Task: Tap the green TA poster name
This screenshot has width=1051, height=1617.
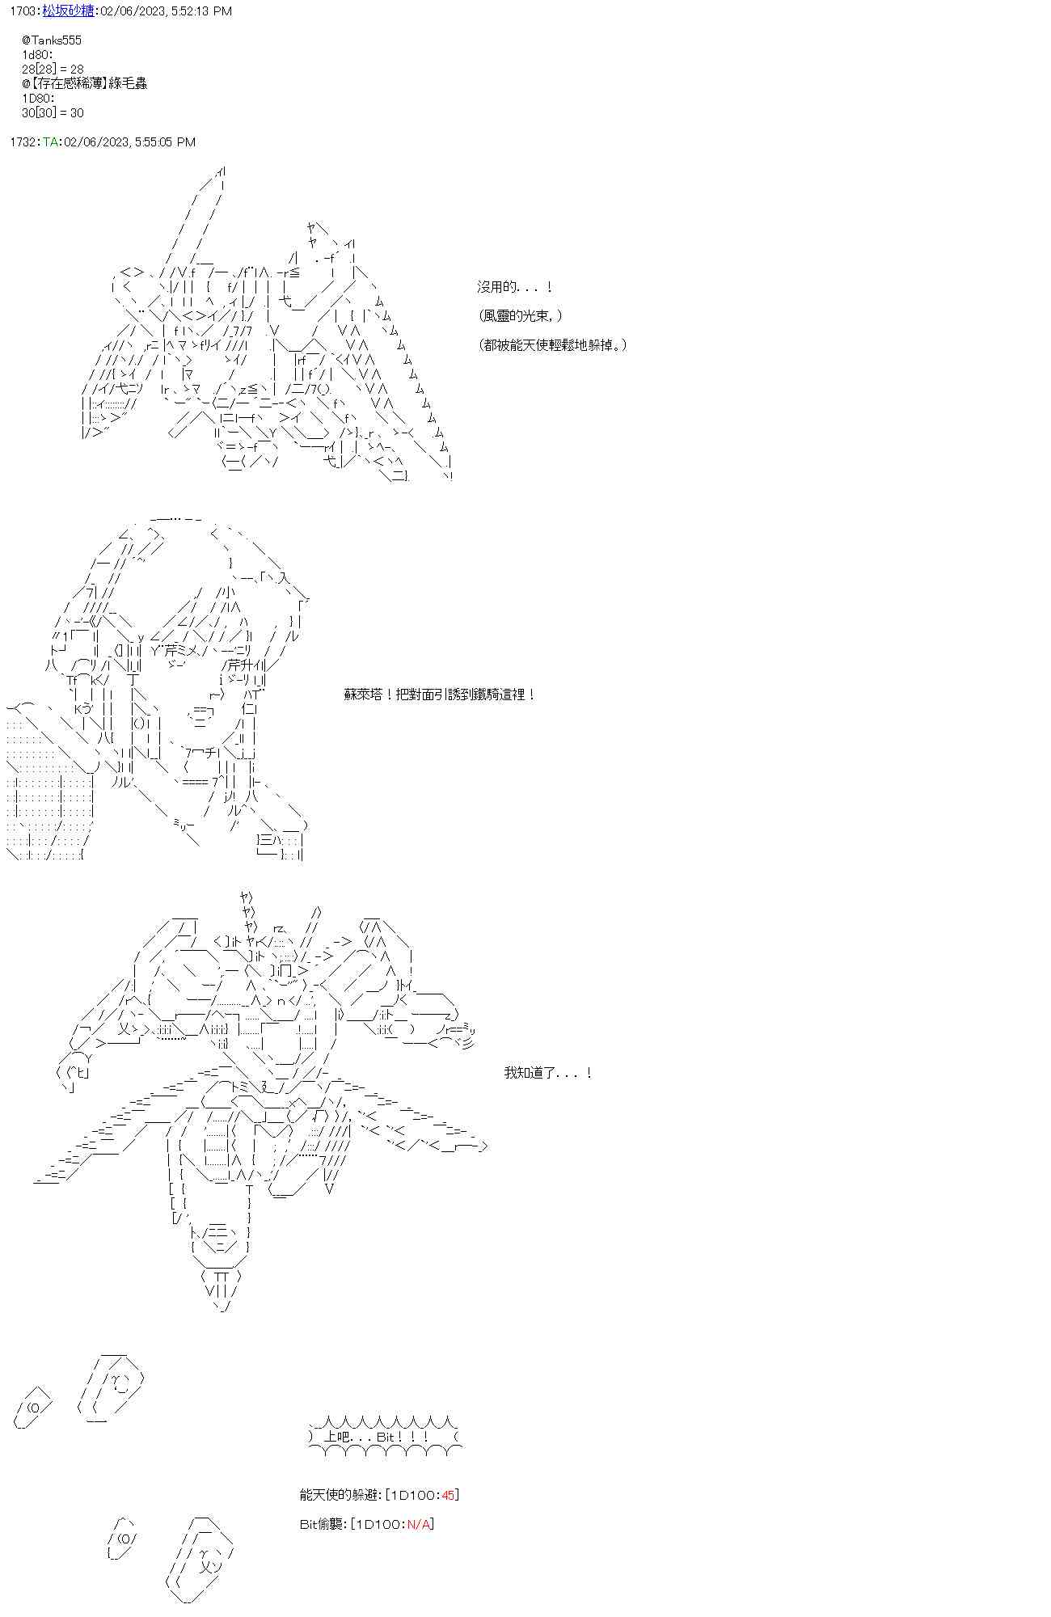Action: pos(50,142)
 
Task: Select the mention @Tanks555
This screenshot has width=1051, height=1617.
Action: pos(53,40)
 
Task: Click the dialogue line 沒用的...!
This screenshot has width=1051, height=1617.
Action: pos(514,287)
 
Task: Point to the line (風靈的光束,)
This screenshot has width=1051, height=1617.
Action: pos(520,316)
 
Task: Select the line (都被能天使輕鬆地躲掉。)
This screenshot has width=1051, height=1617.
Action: pos(552,345)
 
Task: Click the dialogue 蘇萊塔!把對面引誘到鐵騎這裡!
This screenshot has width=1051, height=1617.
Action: pos(440,695)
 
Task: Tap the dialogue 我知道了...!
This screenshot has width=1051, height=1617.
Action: pos(548,1073)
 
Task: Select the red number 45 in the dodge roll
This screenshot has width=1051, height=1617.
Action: pos(449,1495)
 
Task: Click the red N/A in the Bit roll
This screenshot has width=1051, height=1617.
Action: pos(419,1524)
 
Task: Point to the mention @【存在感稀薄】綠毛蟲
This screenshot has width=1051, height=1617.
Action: pos(85,84)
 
